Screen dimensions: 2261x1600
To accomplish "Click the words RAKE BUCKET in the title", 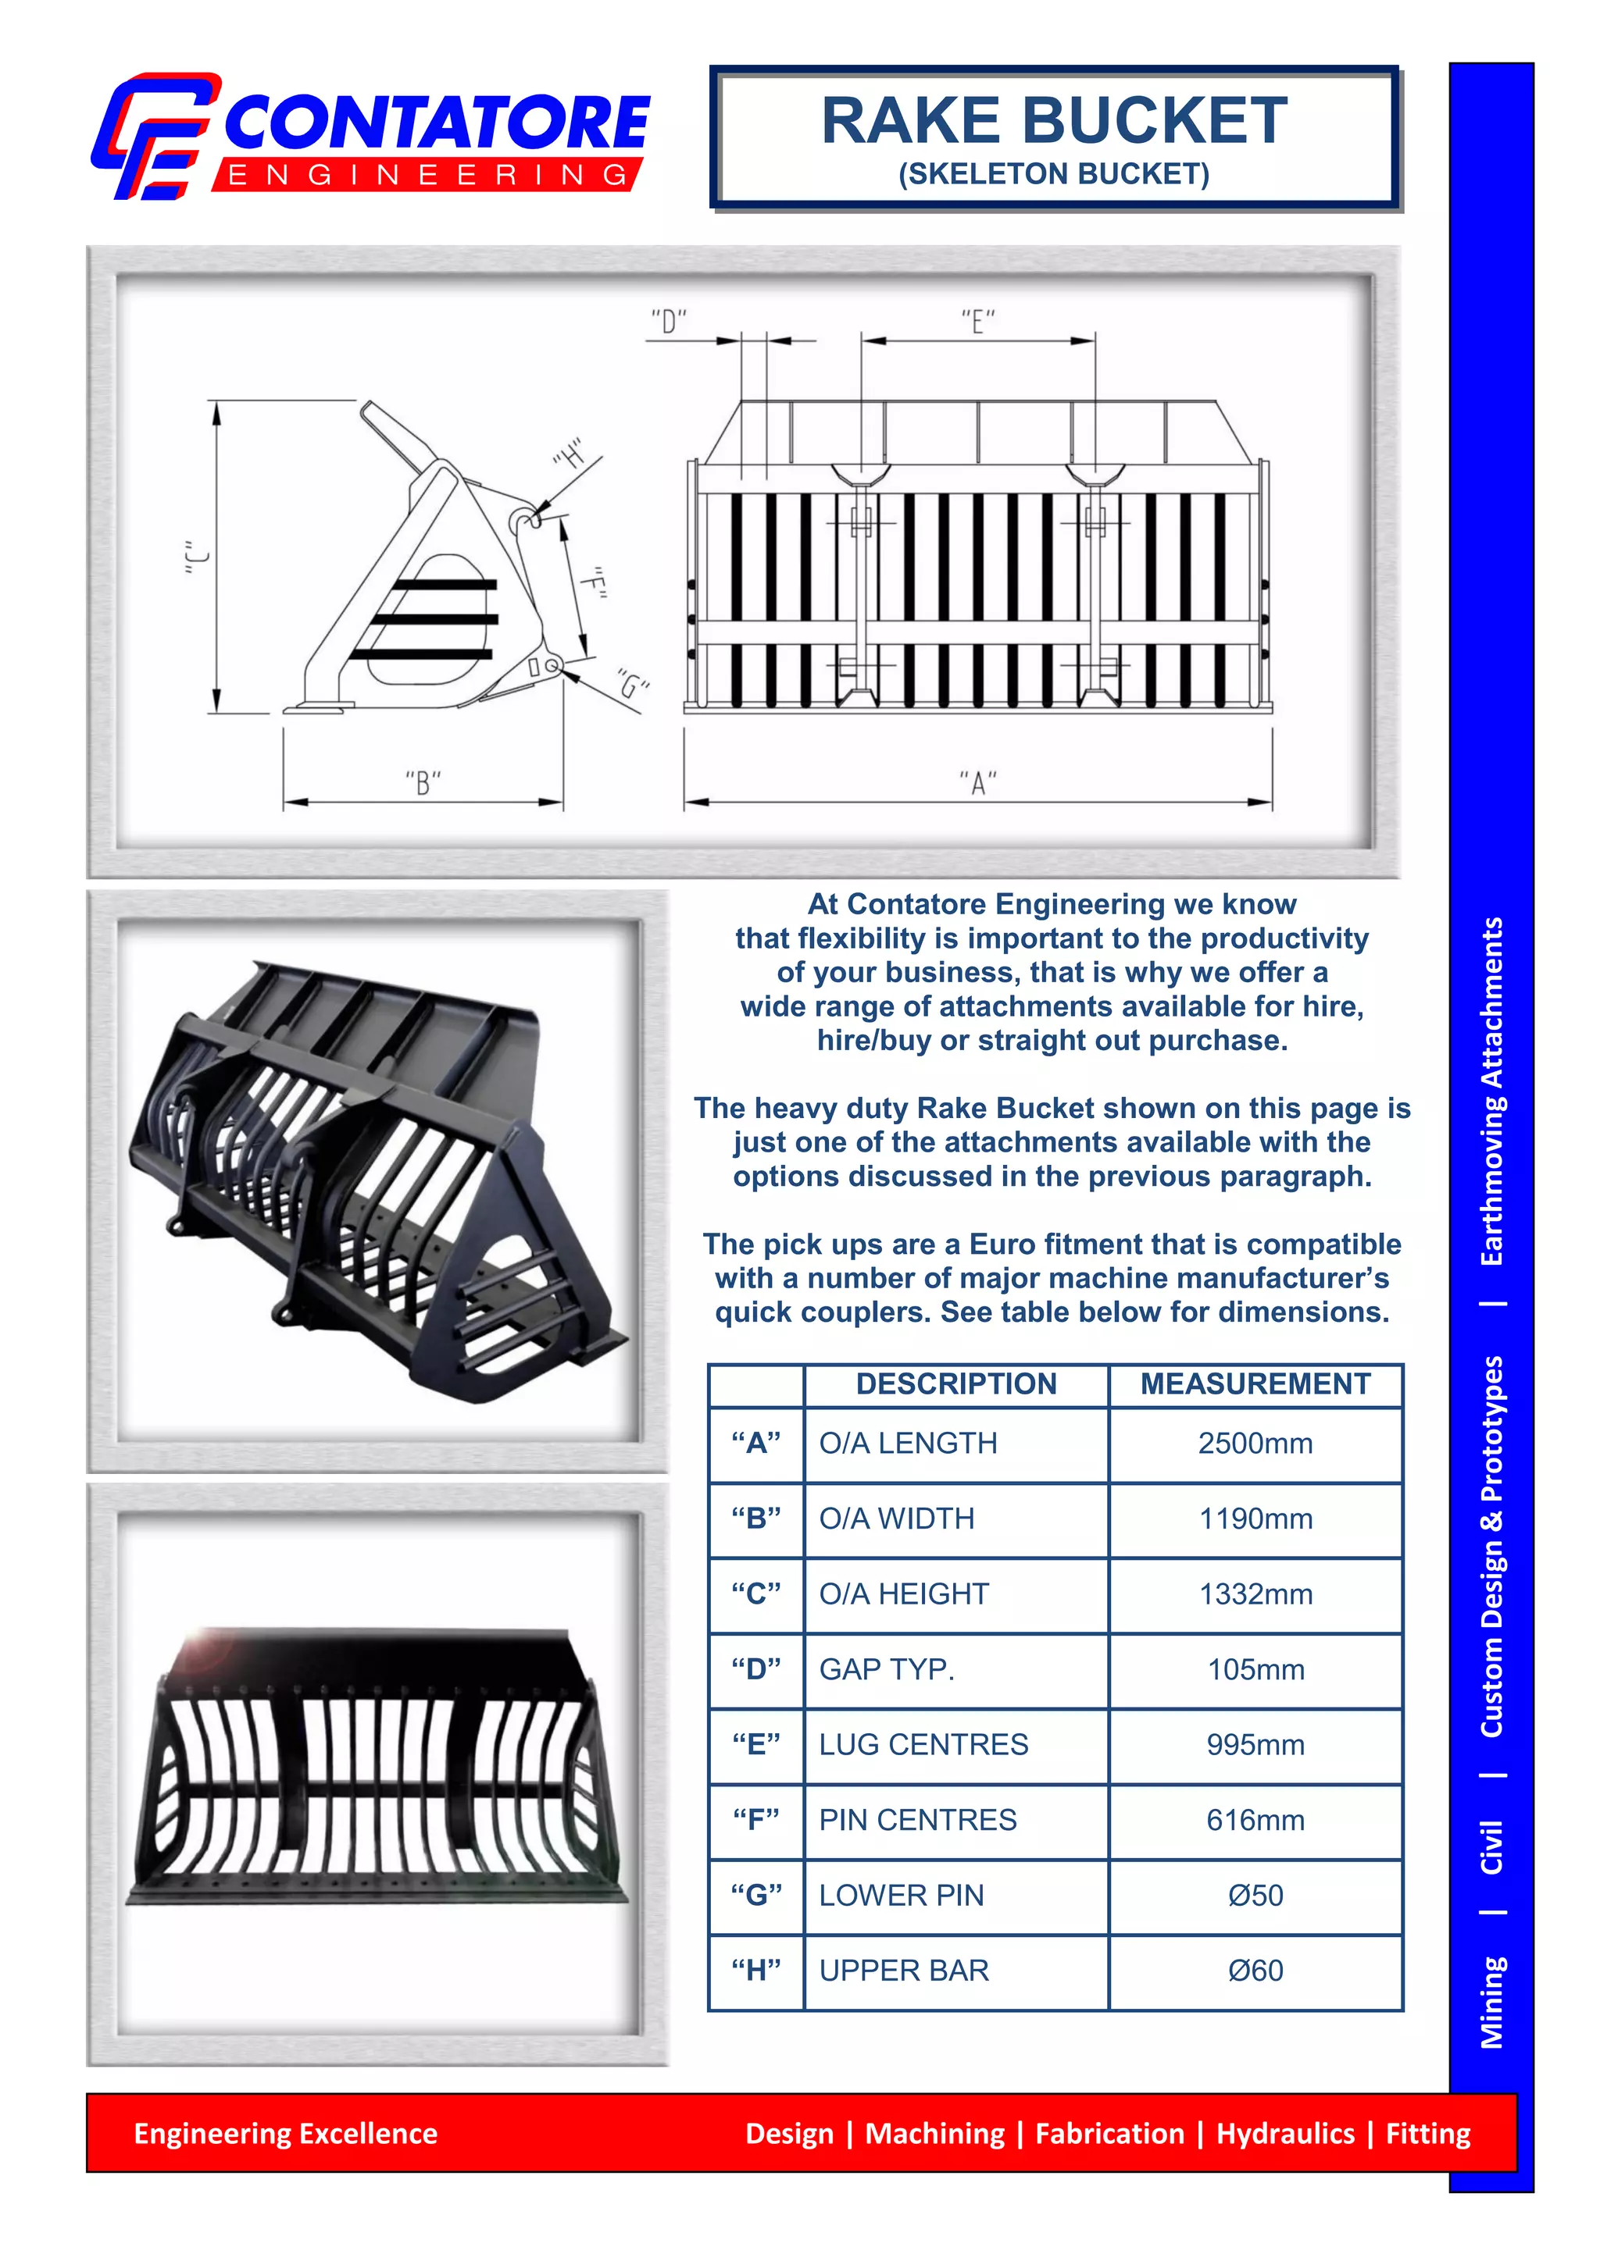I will pos(1054,121).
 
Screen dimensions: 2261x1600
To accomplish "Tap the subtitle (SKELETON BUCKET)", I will pos(1053,174).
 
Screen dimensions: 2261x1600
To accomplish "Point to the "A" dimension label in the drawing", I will pos(977,784).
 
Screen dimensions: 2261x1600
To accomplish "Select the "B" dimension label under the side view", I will pos(423,784).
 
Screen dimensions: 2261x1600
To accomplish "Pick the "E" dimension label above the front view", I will pos(977,322).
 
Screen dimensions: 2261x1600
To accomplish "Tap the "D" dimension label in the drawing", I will pos(669,322).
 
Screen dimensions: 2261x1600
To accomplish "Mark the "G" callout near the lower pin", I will pos(634,683).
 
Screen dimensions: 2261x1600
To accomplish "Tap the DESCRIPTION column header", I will pos(955,1383).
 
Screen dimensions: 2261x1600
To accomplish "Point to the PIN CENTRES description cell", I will pos(917,1820).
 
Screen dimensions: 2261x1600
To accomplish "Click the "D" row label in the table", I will pos(755,1669).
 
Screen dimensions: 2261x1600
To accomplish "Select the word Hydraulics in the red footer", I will pos(1284,2133).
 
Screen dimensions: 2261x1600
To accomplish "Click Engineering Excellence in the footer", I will pos(286,2133).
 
